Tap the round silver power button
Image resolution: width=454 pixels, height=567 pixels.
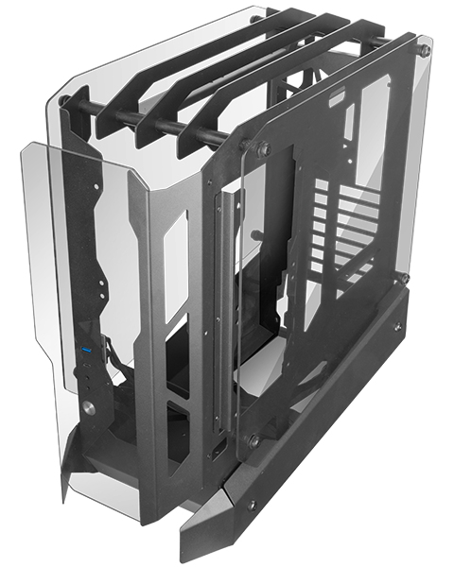tap(88, 409)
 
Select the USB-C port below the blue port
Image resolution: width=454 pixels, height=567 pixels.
tap(88, 365)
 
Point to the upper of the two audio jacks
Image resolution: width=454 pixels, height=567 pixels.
tap(88, 377)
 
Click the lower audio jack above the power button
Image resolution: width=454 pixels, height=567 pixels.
tap(88, 388)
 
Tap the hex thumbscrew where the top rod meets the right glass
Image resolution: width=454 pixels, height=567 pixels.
tap(262, 148)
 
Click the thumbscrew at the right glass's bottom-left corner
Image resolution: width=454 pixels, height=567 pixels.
tap(253, 440)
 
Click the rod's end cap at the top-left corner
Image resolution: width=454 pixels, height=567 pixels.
tap(63, 100)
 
